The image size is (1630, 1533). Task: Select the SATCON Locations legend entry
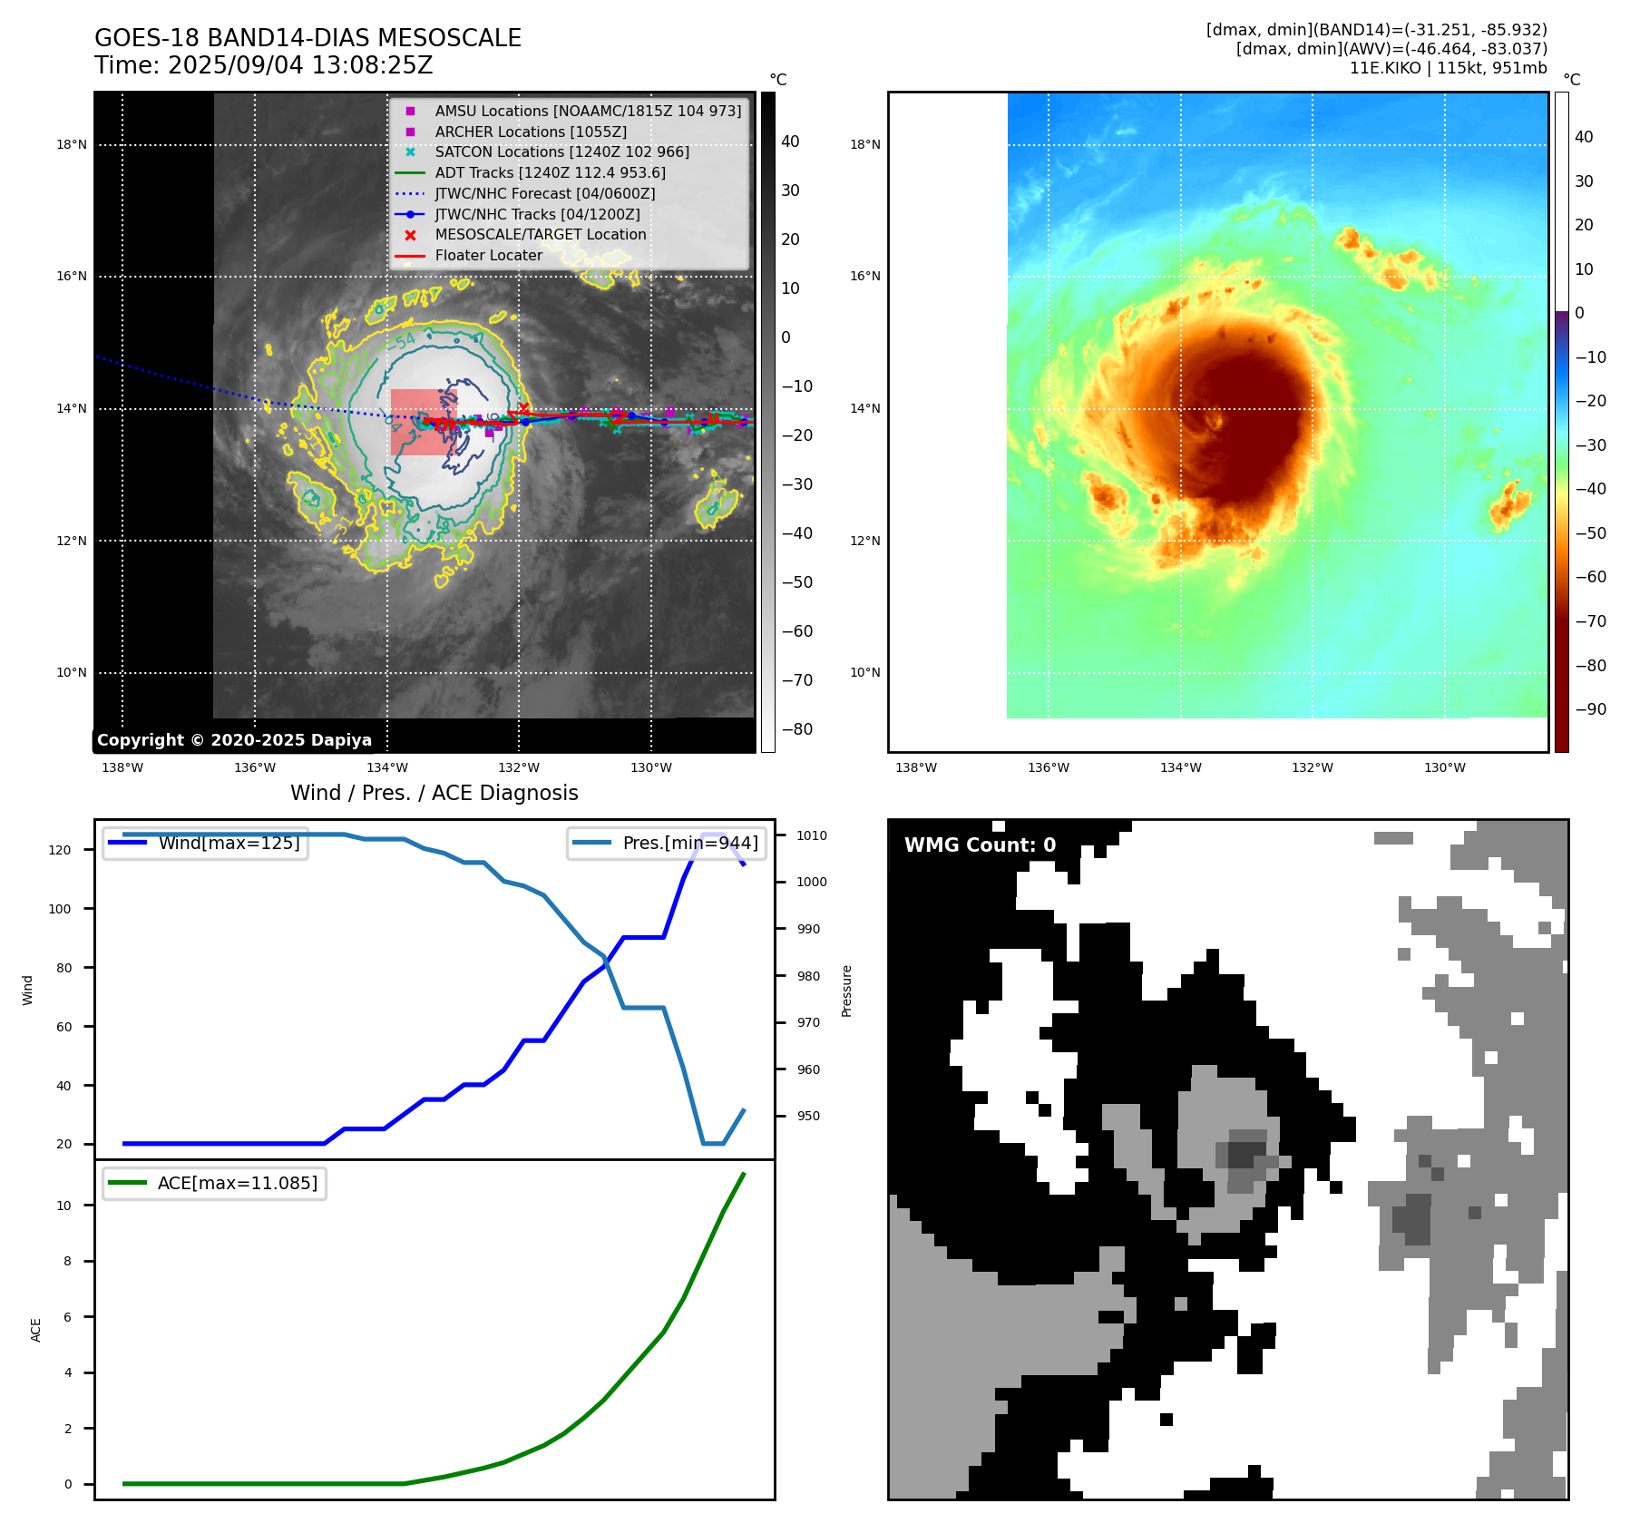(561, 151)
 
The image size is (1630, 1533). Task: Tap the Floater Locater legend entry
(488, 255)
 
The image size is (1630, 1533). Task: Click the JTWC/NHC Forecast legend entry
(544, 193)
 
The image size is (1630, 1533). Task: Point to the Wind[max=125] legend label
(229, 843)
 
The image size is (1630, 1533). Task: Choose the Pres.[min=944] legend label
(689, 843)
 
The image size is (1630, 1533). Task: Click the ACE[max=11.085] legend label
(238, 1183)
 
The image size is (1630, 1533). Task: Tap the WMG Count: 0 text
(980, 845)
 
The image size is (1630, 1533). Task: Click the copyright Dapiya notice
(234, 740)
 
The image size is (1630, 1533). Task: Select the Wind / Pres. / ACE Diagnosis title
(434, 793)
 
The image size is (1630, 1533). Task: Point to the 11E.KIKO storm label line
(1448, 68)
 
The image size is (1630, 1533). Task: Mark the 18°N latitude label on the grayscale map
(72, 144)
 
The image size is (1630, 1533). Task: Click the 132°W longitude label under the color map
(1312, 767)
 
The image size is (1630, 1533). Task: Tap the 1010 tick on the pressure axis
(812, 835)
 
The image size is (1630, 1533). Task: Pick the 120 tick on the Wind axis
(59, 850)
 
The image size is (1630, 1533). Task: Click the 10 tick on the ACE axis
(63, 1206)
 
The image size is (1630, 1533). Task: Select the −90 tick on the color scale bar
(1590, 709)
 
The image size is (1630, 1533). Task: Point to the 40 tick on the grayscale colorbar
(790, 142)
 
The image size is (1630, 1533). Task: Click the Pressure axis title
(846, 991)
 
